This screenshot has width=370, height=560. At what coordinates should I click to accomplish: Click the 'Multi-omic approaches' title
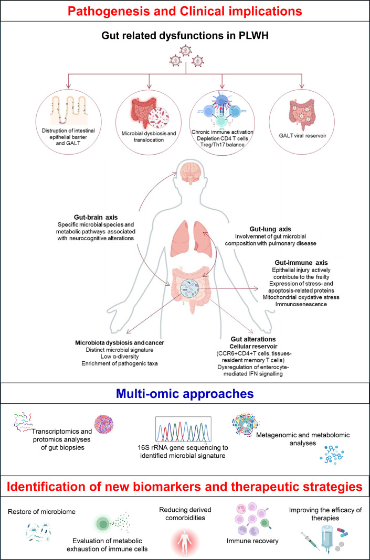point(185,394)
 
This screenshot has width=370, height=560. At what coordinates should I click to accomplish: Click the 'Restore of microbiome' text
point(42,511)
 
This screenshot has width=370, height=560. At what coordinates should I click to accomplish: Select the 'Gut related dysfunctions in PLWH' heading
point(185,36)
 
